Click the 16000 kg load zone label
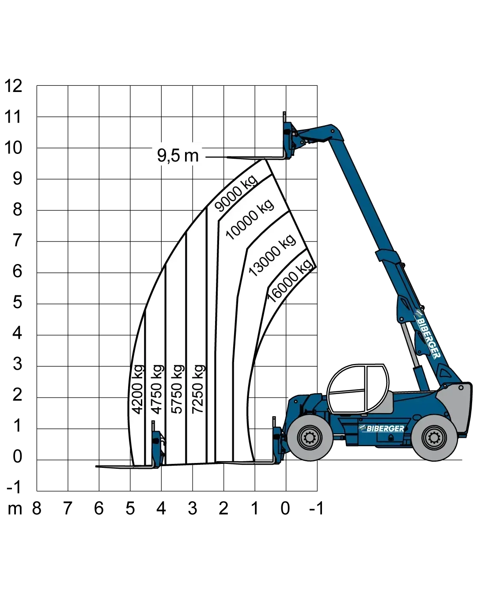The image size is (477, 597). pos(290,281)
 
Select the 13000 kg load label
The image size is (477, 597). pos(272,256)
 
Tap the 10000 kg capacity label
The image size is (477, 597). pos(250,219)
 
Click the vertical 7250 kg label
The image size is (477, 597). pos(198,389)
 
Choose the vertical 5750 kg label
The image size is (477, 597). pos(178,389)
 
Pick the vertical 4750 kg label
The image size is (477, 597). pos(157,389)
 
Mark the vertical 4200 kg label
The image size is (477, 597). pos(137,389)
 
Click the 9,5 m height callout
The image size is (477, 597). pos(178,155)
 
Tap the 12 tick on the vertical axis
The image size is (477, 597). pos(13,86)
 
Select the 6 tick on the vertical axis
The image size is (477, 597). pos(17,271)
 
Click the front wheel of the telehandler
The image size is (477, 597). pos(310,438)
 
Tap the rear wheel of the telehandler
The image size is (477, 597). pos(434,438)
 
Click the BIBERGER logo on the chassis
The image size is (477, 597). pos(382,429)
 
